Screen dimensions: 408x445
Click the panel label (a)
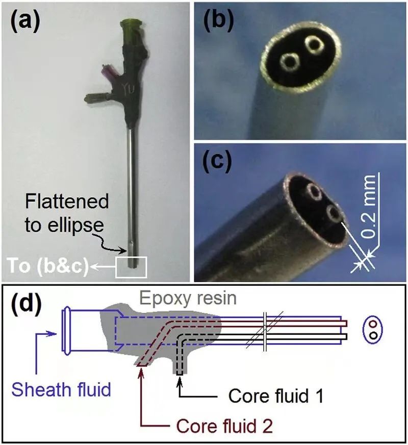click(x=24, y=22)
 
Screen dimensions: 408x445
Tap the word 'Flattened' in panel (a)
click(x=67, y=201)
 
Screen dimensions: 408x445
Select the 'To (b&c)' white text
click(x=47, y=266)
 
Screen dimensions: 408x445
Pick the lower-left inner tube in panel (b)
click(x=290, y=61)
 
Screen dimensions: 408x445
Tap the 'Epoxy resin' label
click(x=188, y=298)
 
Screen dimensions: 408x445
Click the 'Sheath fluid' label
click(x=61, y=389)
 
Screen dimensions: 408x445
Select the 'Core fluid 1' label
click(x=276, y=395)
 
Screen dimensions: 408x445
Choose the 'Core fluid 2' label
click(x=224, y=426)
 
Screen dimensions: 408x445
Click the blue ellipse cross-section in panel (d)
click(x=373, y=329)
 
